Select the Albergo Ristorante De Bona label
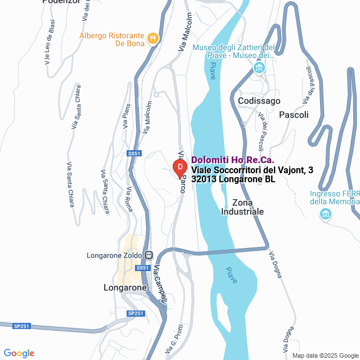coord(112,39)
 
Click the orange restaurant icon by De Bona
coord(152,38)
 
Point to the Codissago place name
coord(259,101)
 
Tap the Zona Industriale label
coord(242,207)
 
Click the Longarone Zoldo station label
coord(114,255)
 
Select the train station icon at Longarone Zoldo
coord(148,255)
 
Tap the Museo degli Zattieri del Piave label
coord(233,51)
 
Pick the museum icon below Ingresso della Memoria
coord(325,214)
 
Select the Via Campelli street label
coord(160,285)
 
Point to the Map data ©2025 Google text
coord(324,355)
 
